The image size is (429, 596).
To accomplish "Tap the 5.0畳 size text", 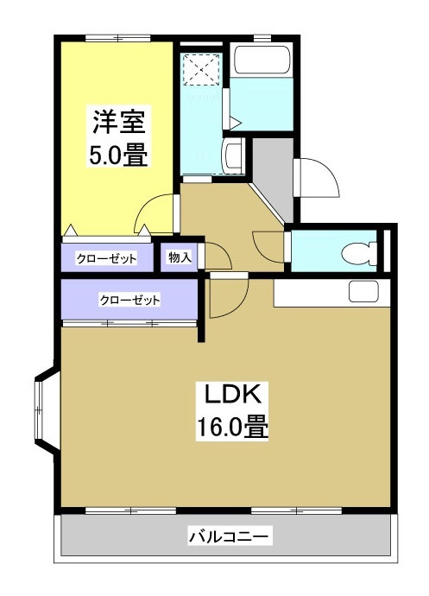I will (117, 157).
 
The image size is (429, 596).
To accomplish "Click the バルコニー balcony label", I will (230, 537).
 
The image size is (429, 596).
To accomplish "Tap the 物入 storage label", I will (180, 257).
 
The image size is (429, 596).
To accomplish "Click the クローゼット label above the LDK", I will (130, 300).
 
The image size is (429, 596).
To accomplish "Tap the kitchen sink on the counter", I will (363, 292).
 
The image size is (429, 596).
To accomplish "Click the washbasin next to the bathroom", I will (231, 156).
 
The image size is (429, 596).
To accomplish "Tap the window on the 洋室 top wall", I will (117, 37).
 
